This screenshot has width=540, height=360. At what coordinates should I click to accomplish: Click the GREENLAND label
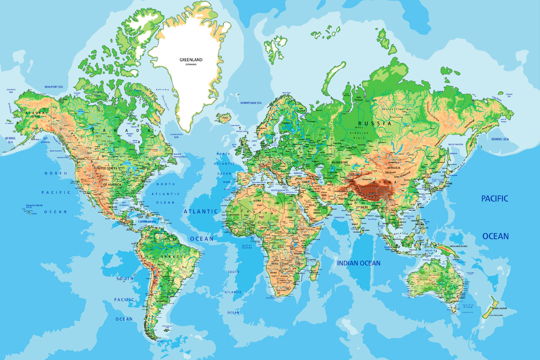[x=191, y=60]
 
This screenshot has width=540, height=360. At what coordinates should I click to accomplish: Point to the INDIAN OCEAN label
[x=359, y=263]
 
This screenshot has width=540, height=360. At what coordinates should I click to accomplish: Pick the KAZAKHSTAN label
[x=339, y=162]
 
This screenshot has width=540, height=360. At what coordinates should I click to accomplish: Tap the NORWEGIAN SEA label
[x=251, y=103]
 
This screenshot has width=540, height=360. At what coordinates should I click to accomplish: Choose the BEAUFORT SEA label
[x=54, y=87]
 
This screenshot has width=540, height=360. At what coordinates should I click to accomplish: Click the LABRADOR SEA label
[x=176, y=136]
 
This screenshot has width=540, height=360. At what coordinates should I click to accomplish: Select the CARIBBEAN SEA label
[x=147, y=221]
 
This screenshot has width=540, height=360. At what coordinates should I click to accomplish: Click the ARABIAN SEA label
[x=339, y=217]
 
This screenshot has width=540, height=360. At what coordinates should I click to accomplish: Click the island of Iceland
[x=224, y=117]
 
